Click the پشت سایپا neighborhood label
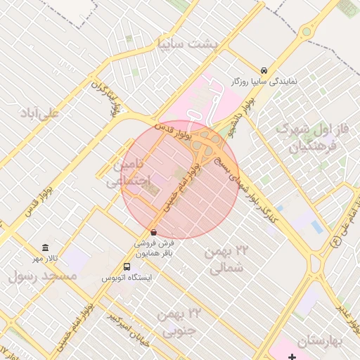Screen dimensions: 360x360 tap(189, 44)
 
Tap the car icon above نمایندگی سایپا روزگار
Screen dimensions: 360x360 tap(263, 70)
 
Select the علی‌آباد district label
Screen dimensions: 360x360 tap(40, 112)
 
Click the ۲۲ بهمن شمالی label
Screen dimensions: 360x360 tap(228, 259)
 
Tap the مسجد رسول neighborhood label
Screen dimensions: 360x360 tap(42, 276)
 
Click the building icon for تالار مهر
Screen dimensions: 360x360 tap(46, 247)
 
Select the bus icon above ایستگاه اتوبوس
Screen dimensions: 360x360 tap(127, 266)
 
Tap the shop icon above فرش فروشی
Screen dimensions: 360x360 tap(154, 232)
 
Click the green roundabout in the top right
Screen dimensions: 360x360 tap(306, 32)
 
